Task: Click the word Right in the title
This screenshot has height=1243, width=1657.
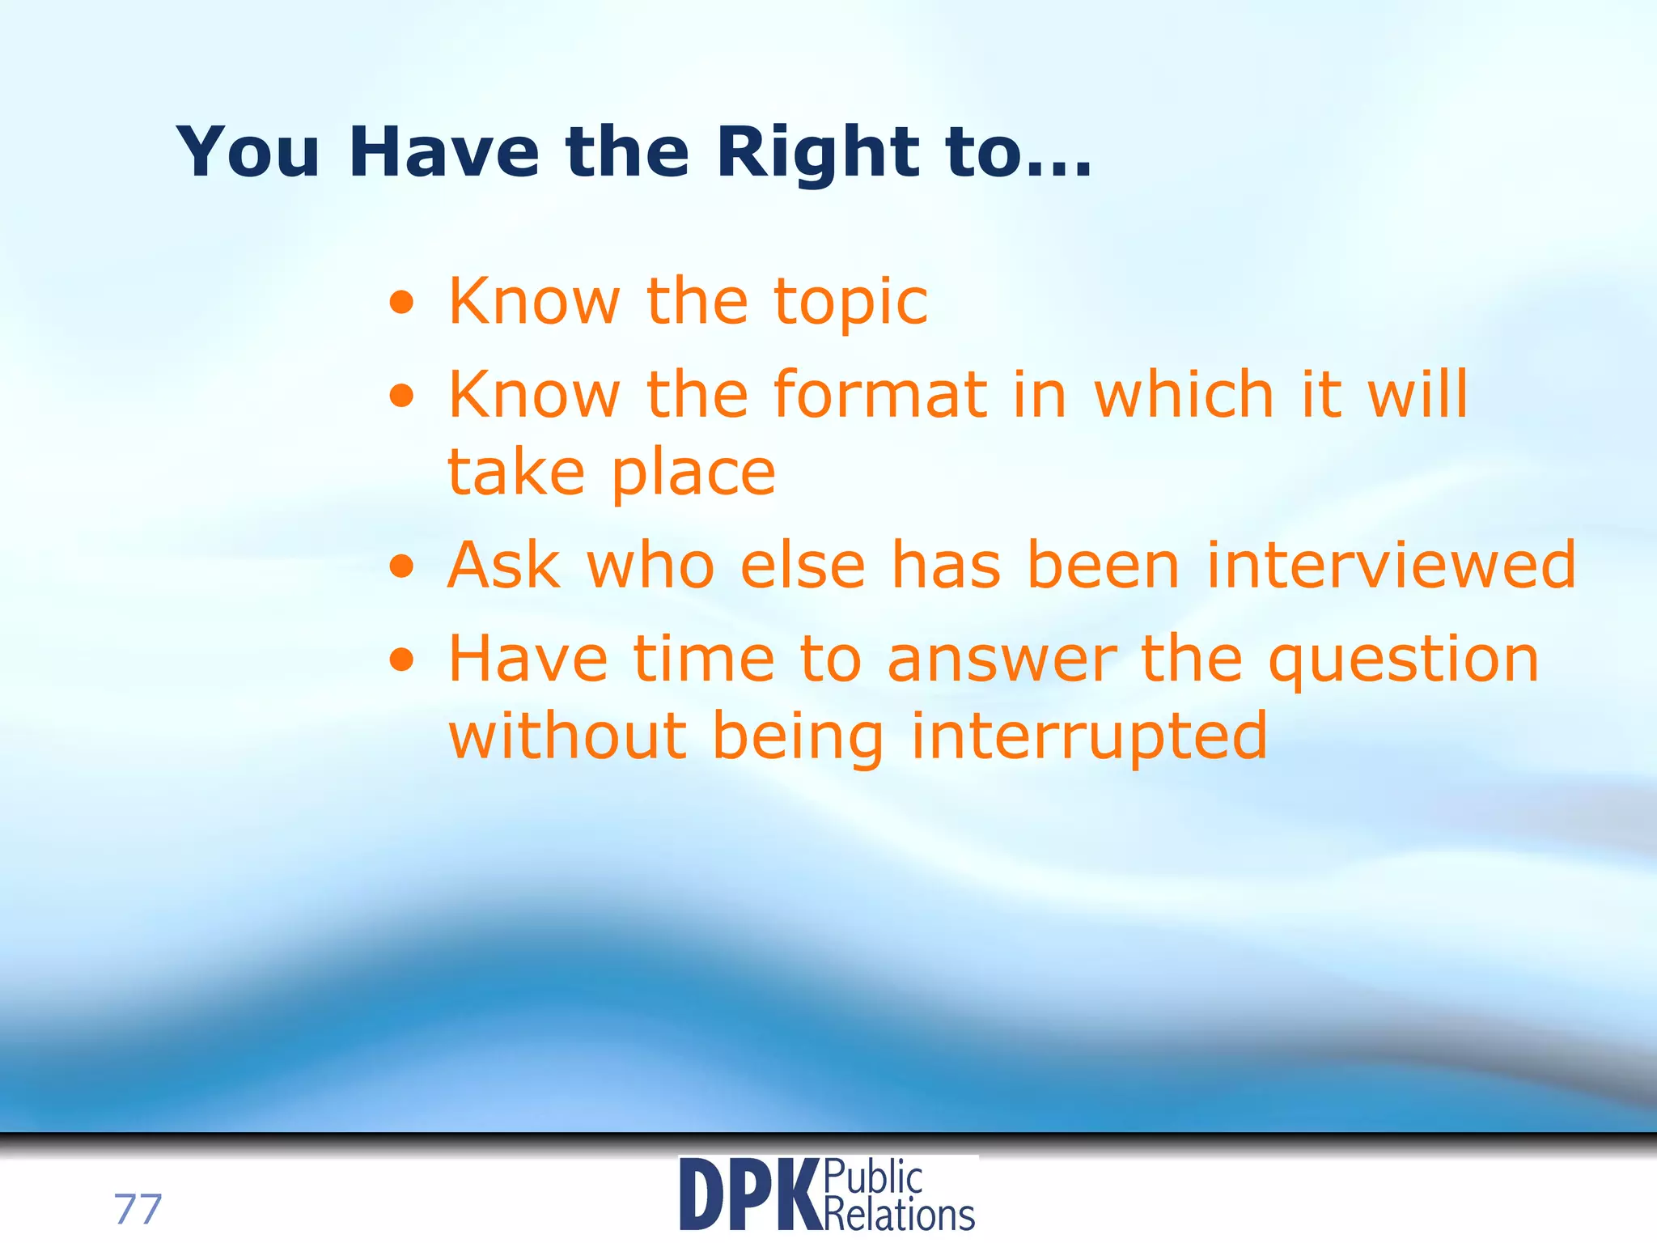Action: click(x=817, y=154)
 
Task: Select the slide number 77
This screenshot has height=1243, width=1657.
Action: click(x=138, y=1209)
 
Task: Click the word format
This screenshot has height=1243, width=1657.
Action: click(x=880, y=394)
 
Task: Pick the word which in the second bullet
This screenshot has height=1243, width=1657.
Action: click(x=1184, y=394)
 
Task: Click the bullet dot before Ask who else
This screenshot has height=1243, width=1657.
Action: click(x=401, y=566)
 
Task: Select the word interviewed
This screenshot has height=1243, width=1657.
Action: click(x=1391, y=565)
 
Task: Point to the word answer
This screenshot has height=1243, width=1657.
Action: click(x=1002, y=660)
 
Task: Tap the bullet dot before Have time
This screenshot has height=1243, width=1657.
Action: click(x=401, y=660)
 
